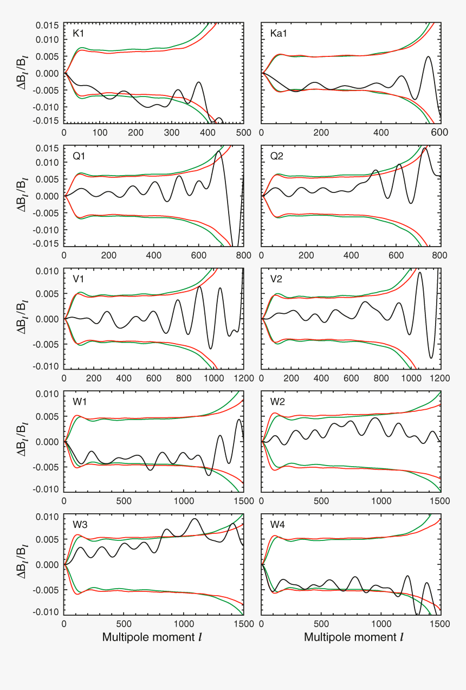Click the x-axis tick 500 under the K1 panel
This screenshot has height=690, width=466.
[x=244, y=133]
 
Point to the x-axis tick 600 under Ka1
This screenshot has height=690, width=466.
[x=441, y=133]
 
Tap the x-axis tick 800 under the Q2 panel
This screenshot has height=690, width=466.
[x=441, y=255]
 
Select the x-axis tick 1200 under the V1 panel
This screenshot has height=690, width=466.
[x=244, y=378]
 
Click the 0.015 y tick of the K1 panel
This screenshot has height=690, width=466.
[x=48, y=26]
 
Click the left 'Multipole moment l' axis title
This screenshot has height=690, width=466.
[x=152, y=637]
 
